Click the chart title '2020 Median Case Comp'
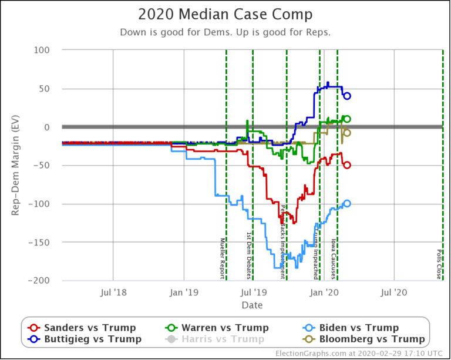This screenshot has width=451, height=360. pyautogui.click(x=225, y=14)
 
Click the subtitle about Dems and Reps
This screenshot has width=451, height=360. pyautogui.click(x=225, y=32)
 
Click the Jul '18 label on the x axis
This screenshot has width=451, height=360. pyautogui.click(x=112, y=292)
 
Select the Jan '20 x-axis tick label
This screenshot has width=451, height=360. pyautogui.click(x=324, y=292)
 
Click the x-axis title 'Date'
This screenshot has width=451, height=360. pyautogui.click(x=252, y=305)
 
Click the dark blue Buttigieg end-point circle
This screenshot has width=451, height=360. pyautogui.click(x=347, y=96)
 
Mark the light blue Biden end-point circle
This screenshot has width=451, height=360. pyautogui.click(x=347, y=203)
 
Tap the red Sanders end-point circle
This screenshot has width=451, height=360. pyautogui.click(x=347, y=165)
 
